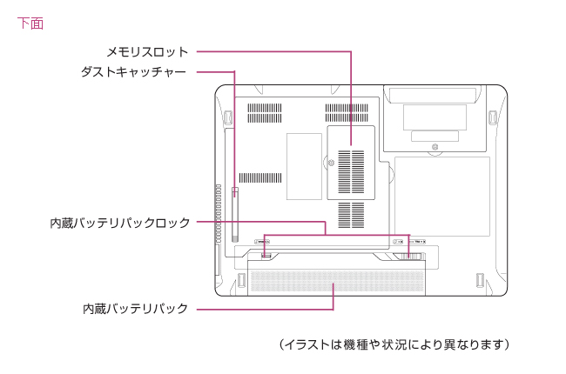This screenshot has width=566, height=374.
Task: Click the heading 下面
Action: tap(30, 23)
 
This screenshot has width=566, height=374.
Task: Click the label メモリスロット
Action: tap(146, 52)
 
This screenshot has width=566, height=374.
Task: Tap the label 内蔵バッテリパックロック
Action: tap(119, 224)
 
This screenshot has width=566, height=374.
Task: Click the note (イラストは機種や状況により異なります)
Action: tap(394, 345)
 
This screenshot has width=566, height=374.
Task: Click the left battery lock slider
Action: tap(266, 254)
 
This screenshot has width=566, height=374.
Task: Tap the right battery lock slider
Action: tap(413, 256)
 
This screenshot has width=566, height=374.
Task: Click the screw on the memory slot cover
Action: tap(327, 161)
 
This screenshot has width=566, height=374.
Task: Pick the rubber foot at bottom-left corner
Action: tap(240, 281)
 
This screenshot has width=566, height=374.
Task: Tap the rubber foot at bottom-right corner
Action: tap(479, 281)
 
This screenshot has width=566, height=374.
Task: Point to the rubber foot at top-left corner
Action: tap(228, 116)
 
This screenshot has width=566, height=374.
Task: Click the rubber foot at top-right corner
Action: tap(493, 116)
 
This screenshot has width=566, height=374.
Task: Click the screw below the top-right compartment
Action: tap(433, 150)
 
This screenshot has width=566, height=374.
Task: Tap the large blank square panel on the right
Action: tap(441, 196)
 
